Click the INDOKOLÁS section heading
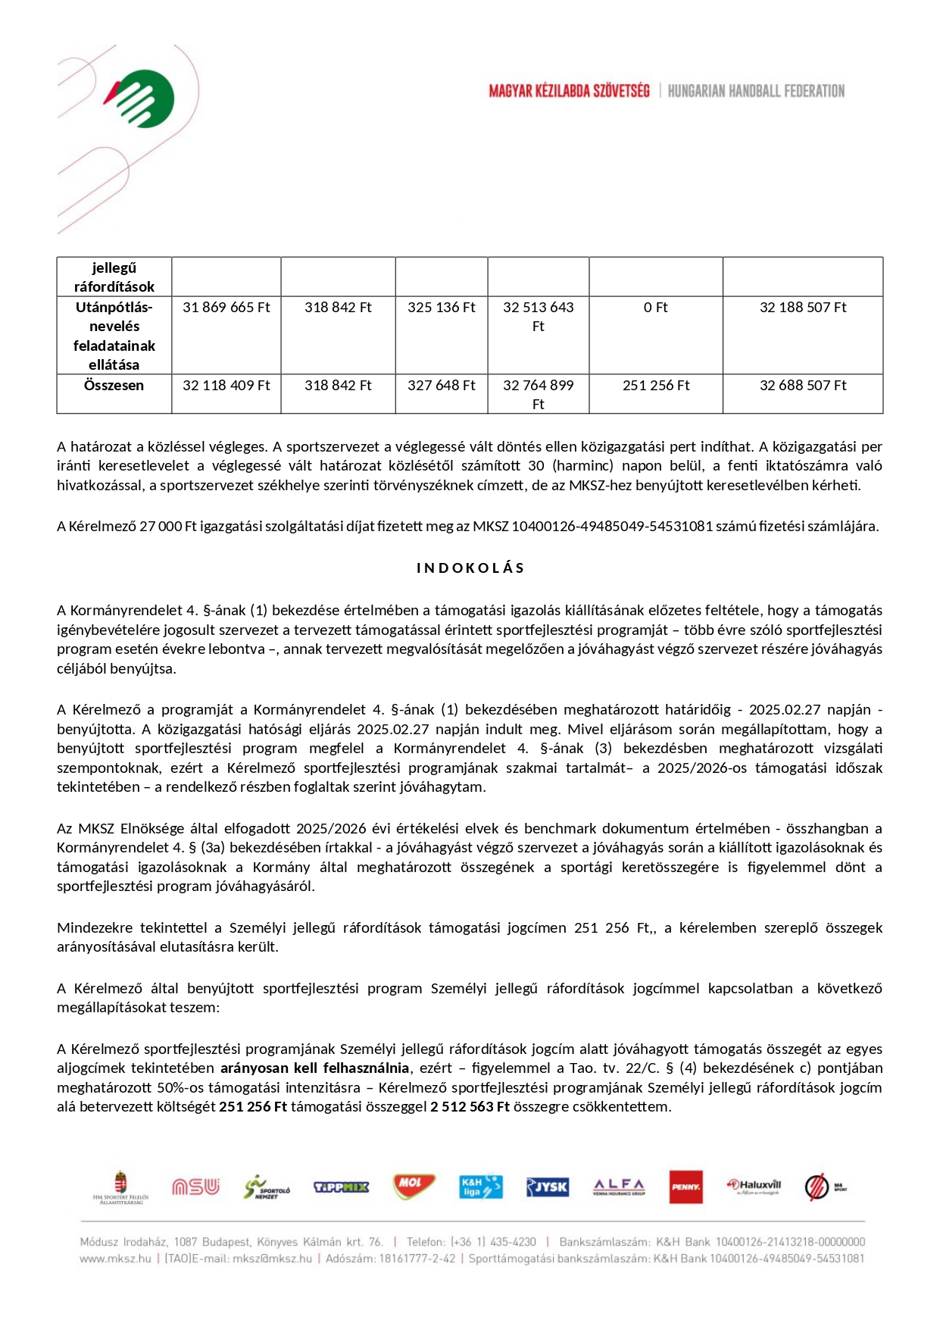tap(470, 568)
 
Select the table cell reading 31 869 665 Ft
tap(226, 307)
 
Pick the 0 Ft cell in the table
tap(655, 307)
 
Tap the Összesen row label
tap(114, 385)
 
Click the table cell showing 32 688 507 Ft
tap(803, 385)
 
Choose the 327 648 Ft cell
tap(441, 385)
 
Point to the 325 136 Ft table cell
tap(441, 307)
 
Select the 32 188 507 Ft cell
tap(803, 307)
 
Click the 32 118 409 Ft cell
tap(226, 385)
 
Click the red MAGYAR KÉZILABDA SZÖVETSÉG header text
tap(569, 91)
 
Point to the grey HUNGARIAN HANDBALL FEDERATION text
tap(756, 91)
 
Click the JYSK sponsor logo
tap(547, 1187)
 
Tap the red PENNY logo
tap(685, 1187)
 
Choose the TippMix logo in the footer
tap(341, 1187)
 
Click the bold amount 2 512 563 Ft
tap(470, 1106)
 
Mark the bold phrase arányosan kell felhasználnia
tap(314, 1068)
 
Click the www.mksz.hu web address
tap(115, 1259)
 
